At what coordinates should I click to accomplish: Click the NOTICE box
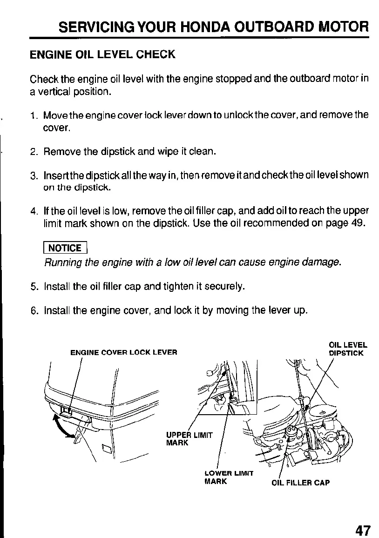(65, 248)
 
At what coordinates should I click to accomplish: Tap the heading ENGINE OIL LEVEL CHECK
(102, 54)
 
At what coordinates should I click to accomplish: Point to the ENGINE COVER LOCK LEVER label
(123, 352)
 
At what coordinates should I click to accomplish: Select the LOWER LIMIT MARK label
(229, 477)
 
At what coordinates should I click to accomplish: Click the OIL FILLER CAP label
(300, 483)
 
